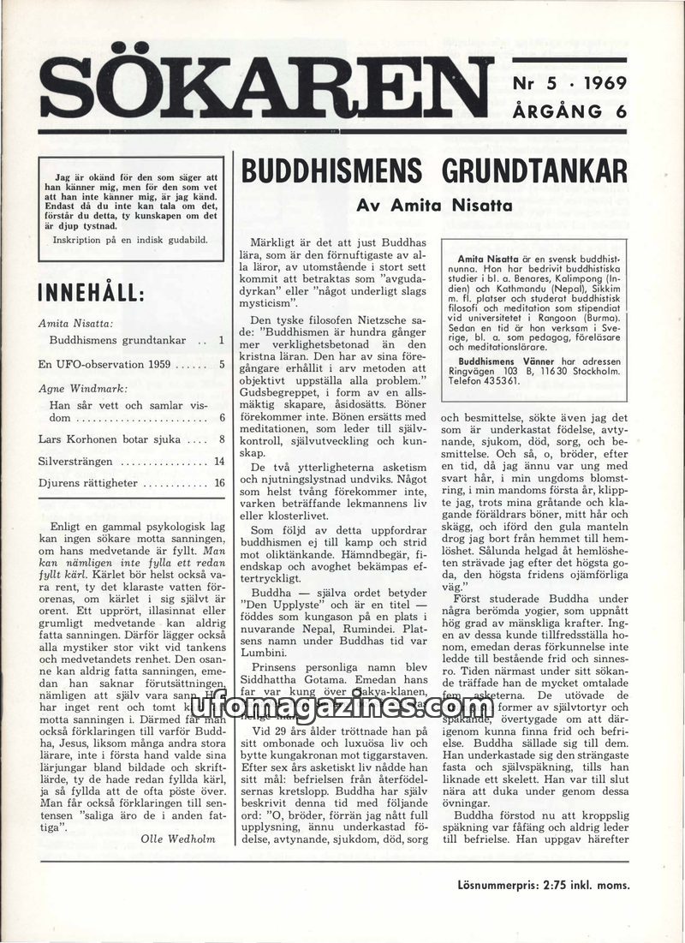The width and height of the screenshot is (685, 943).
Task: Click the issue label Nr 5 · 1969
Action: coord(569,83)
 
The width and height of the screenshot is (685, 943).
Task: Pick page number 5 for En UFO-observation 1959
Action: coord(220,364)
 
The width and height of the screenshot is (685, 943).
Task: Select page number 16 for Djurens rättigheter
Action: coord(219,483)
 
